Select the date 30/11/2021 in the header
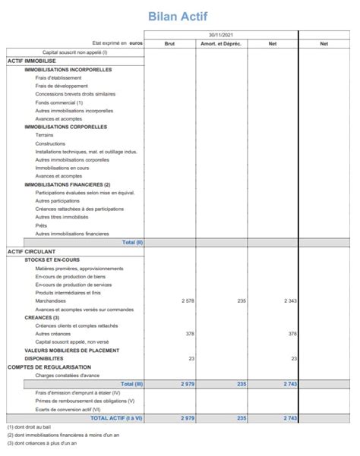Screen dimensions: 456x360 [221, 36]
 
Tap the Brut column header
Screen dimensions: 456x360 [169, 44]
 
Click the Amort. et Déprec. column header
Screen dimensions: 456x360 [220, 44]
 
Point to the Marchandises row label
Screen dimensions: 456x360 [52, 301]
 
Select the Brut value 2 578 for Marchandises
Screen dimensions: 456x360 [188, 301]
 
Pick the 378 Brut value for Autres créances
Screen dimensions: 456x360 [190, 334]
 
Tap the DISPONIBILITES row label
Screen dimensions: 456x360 [43, 359]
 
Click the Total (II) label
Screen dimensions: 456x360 [132, 243]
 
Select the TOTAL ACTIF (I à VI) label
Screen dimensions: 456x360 [117, 417]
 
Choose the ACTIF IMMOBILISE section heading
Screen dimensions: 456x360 [31, 61]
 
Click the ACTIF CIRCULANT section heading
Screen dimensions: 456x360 [31, 251]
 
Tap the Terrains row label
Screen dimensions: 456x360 [44, 135]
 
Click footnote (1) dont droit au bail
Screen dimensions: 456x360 [29, 428]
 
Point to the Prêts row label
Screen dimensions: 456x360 [41, 226]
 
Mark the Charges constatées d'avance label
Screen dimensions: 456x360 [68, 376]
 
